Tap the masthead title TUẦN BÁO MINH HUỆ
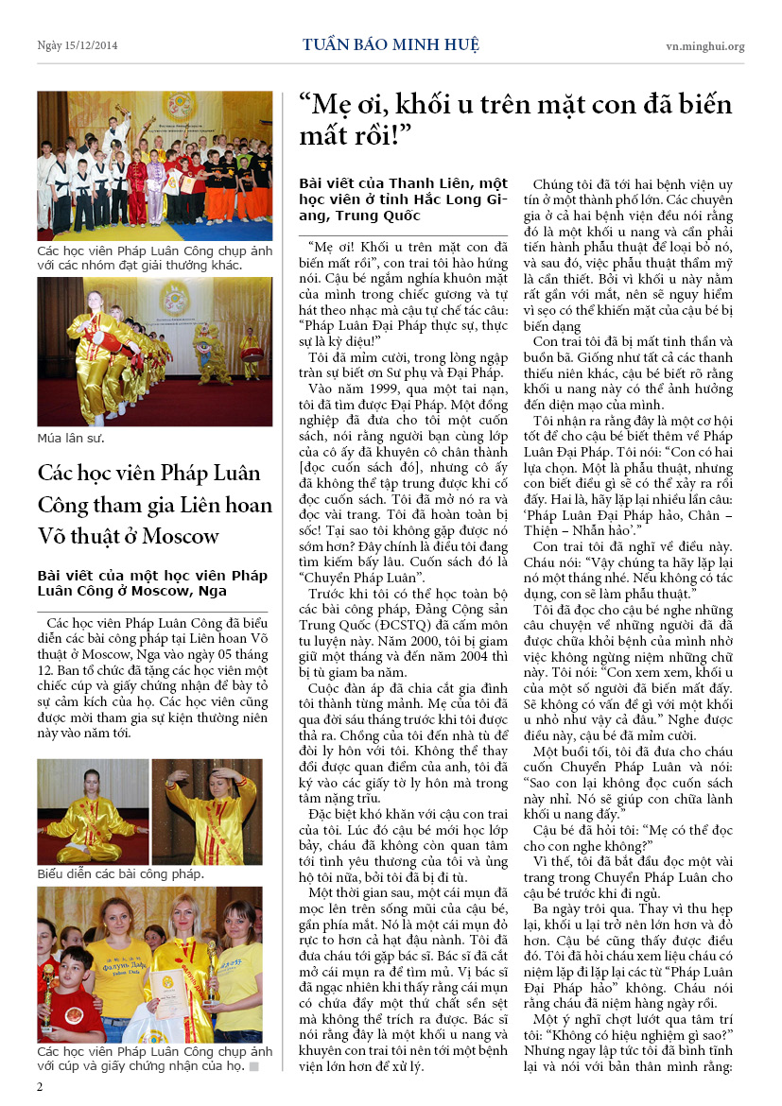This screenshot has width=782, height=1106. pos(391,44)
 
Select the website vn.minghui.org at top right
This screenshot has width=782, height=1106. pos(704,46)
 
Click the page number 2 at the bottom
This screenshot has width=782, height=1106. pos(40,1087)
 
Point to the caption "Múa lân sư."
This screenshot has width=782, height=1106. pos(70,439)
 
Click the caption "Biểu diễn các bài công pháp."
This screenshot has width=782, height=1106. pos(120,873)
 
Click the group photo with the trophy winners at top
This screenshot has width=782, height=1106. pos(155,166)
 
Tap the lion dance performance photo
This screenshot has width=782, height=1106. pos(155,352)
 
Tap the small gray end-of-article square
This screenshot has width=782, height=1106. pos(253,1066)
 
